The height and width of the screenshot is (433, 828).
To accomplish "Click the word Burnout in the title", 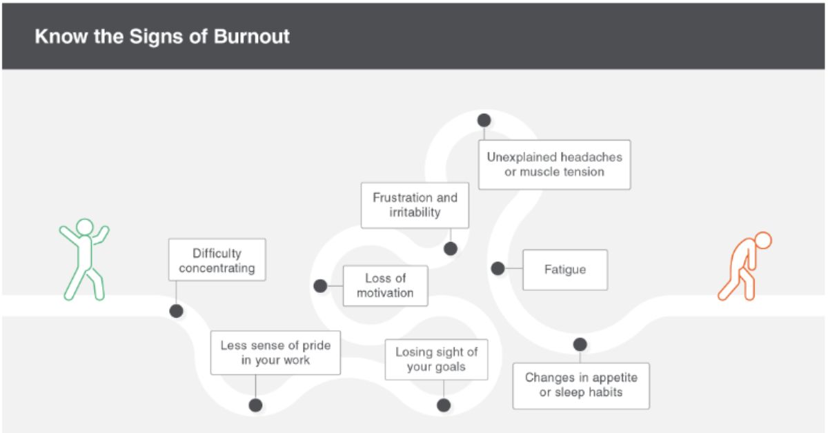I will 251,36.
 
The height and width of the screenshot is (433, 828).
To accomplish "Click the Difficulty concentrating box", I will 217,261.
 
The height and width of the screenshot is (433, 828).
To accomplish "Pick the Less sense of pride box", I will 275,353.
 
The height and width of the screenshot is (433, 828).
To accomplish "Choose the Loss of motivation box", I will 385,285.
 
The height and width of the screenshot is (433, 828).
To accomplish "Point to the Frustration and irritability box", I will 415,205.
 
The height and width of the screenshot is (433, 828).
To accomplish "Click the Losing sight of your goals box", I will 436,359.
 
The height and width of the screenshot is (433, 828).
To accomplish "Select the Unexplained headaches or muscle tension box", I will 554,165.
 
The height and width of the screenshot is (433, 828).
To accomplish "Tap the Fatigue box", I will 565,270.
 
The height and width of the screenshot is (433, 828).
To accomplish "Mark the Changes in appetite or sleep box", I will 581,385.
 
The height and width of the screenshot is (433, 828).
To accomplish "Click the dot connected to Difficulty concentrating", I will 177,311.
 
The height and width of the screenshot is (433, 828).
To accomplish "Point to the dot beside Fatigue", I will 497,269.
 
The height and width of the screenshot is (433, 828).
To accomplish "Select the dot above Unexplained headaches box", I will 484,120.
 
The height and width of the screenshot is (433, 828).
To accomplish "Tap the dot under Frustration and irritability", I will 451,249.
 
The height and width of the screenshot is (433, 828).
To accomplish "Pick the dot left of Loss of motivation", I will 320,285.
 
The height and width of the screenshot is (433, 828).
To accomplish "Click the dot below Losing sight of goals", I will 444,405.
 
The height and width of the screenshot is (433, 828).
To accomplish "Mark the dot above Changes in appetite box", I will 580,344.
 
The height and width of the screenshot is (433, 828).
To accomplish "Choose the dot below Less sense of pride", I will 256,405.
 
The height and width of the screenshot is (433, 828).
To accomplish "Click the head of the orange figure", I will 762,241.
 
